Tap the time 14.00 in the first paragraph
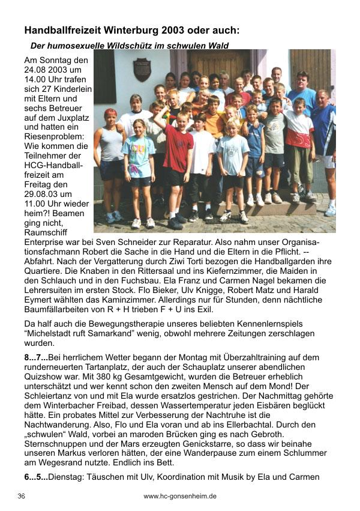(x=36, y=79)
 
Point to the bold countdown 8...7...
(x=35, y=358)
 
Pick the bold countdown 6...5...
(x=35, y=479)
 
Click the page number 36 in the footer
(x=22, y=497)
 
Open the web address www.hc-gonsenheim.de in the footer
(x=180, y=497)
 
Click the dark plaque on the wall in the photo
(x=142, y=70)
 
